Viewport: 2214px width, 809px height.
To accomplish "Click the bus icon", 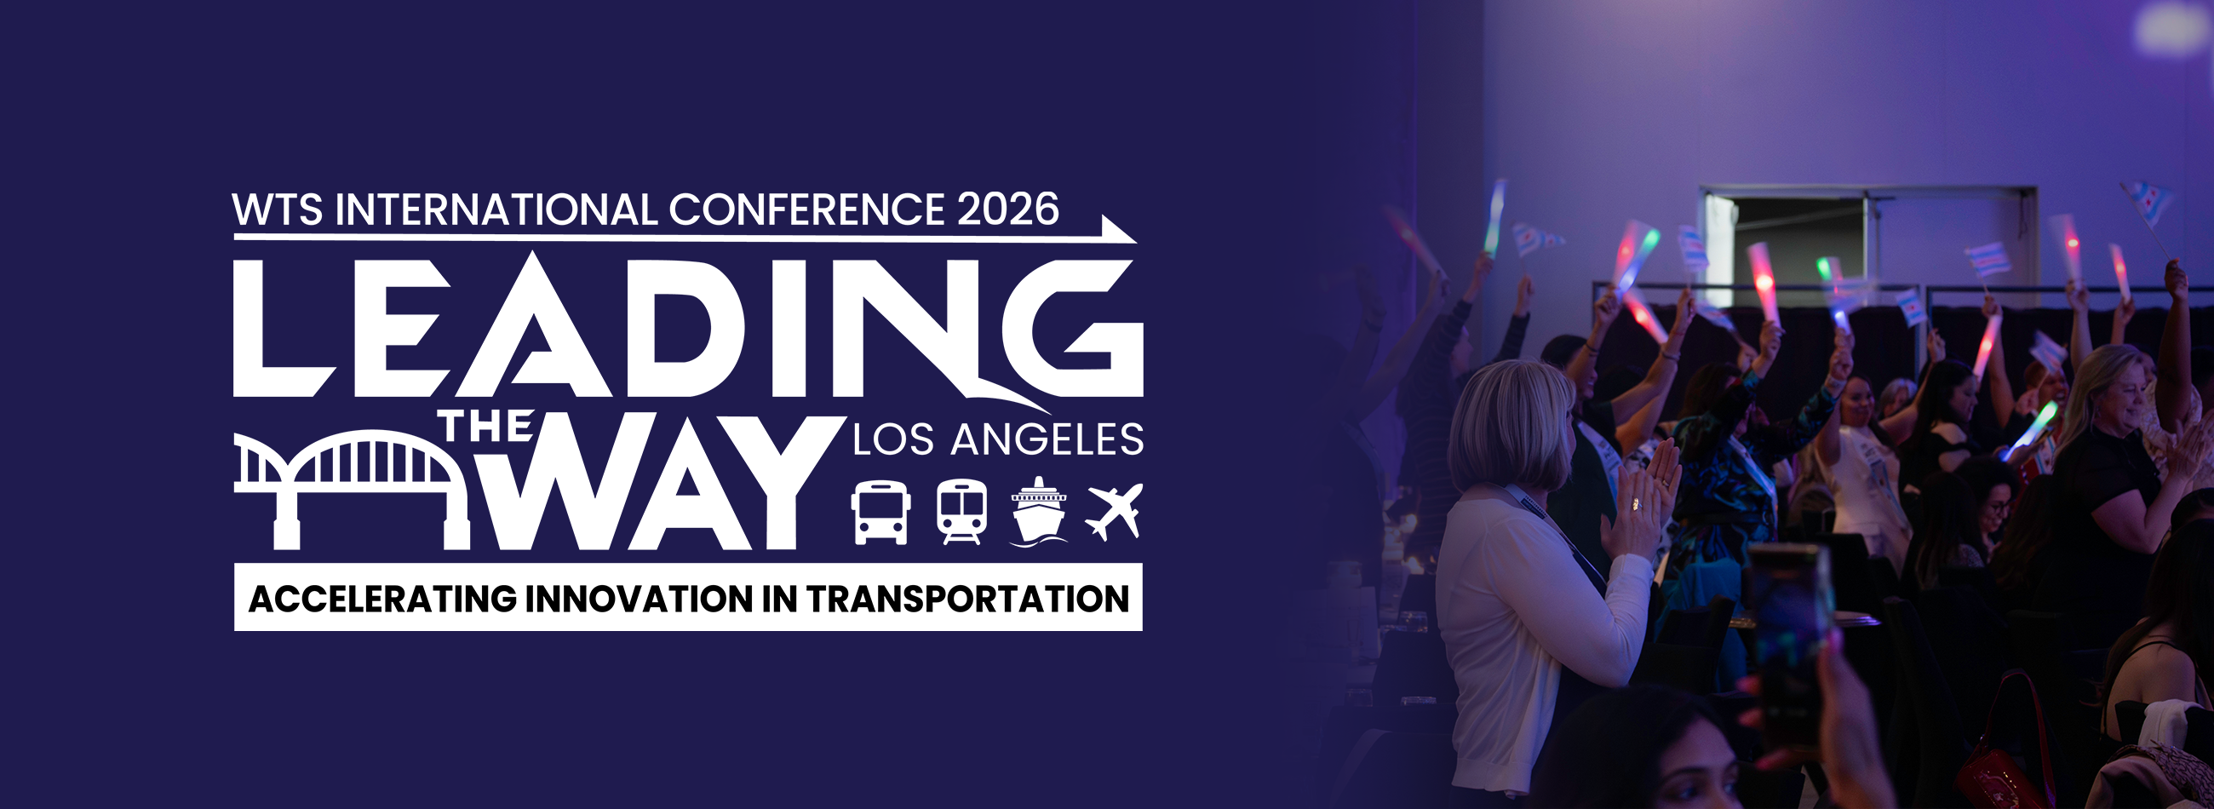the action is pos(880,513).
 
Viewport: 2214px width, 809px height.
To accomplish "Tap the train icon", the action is pos(961,513).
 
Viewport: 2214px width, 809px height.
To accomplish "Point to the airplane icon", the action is pos(1115,512).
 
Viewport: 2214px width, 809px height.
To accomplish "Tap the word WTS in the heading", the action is pos(278,209).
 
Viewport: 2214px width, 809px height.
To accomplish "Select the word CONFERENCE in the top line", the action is pos(806,209).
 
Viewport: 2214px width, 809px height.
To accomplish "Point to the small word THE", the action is pos(486,427).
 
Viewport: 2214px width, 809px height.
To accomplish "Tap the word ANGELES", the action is pos(1047,439).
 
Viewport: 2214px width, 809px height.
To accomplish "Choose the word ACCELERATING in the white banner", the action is pos(382,599).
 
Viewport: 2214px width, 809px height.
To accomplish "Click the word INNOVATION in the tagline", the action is pos(640,599).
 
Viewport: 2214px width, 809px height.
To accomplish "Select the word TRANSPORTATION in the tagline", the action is pos(967,599).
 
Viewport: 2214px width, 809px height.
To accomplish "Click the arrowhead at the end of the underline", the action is pos(1119,231).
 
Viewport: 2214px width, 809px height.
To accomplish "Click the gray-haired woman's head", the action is pos(1511,425).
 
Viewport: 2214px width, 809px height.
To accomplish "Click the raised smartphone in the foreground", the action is pos(1789,640).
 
